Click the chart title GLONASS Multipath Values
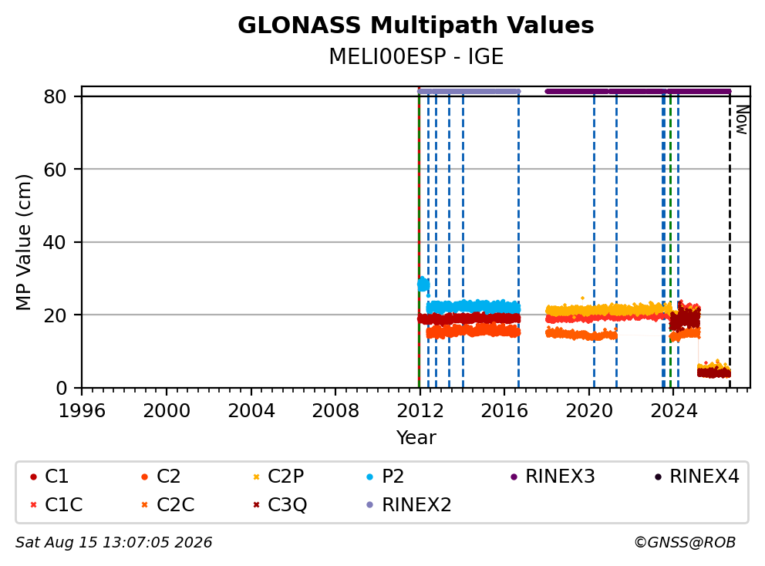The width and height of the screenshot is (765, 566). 416,25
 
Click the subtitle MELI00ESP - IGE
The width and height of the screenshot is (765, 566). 416,56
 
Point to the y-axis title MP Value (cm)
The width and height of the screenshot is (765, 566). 23,242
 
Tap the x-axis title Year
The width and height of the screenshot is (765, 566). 416,438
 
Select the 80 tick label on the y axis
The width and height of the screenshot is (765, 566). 55,96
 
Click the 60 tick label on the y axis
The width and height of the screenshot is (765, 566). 55,170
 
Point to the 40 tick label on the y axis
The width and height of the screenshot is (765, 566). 55,242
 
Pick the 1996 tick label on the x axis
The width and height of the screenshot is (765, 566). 82,411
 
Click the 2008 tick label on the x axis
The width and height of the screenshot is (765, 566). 335,411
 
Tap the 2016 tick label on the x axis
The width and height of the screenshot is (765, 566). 504,411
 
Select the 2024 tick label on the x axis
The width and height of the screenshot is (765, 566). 674,411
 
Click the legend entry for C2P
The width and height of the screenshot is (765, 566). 279,477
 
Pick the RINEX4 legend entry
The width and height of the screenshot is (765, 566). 697,477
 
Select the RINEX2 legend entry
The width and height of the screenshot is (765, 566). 409,504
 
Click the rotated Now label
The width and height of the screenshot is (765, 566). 742,120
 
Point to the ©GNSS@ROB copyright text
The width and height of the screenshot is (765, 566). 685,542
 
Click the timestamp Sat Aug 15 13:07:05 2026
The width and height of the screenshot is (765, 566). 113,542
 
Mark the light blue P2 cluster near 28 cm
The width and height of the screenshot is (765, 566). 423,284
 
